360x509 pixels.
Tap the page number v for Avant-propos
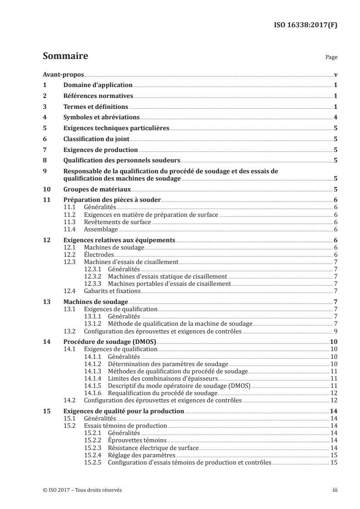coord(335,75)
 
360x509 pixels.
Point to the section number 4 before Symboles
coord(44,117)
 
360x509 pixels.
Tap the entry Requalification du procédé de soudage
coord(153,392)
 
